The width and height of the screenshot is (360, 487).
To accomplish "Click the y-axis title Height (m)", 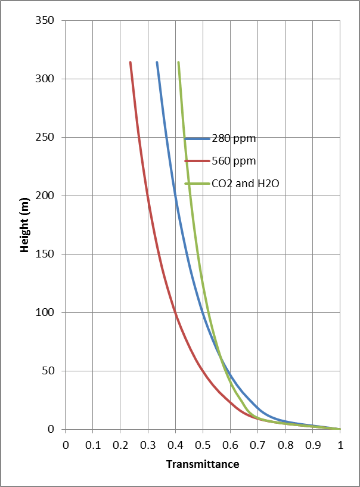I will (x=24, y=225).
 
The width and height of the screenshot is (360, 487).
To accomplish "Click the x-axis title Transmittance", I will (x=203, y=464).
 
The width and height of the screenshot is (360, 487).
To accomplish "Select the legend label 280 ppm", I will (x=234, y=139).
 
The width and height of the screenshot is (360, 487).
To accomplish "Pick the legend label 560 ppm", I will (x=234, y=161).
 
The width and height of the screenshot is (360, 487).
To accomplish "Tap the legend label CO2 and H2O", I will (x=245, y=184).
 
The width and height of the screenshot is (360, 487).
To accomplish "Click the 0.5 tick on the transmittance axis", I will (x=203, y=444).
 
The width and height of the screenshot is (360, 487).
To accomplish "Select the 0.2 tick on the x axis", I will (x=120, y=444).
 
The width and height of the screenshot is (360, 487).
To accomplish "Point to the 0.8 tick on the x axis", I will (x=285, y=444).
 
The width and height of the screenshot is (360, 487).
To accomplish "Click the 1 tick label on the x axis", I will (x=340, y=444).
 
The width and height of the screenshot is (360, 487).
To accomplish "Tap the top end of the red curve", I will (x=130, y=62).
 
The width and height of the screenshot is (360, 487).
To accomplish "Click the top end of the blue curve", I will (x=157, y=62).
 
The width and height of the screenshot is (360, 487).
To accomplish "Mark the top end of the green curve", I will (x=178, y=62).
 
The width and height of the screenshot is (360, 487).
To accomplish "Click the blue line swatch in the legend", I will (x=197, y=139).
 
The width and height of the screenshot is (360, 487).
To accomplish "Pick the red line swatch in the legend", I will (x=197, y=161).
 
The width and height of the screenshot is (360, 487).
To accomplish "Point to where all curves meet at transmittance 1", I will (x=340, y=429).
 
